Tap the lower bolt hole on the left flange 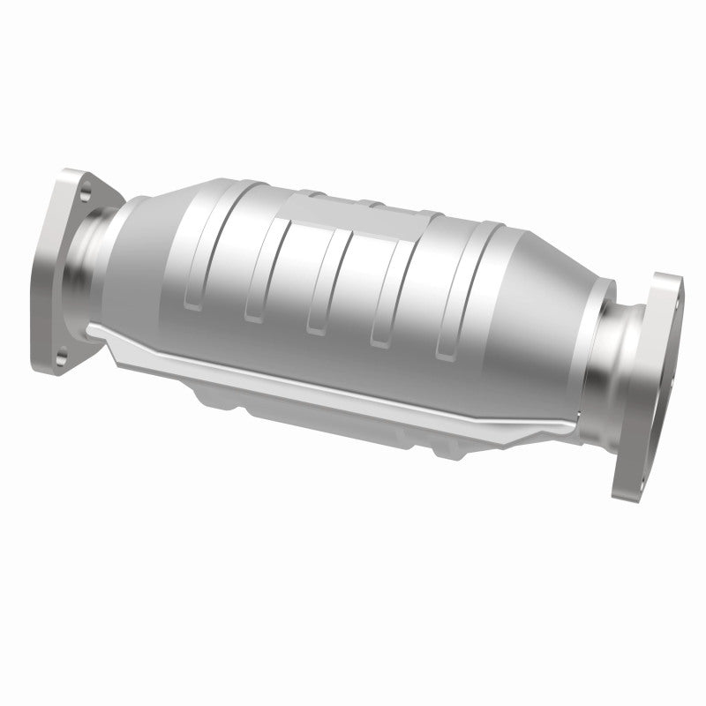pos(62,355)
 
